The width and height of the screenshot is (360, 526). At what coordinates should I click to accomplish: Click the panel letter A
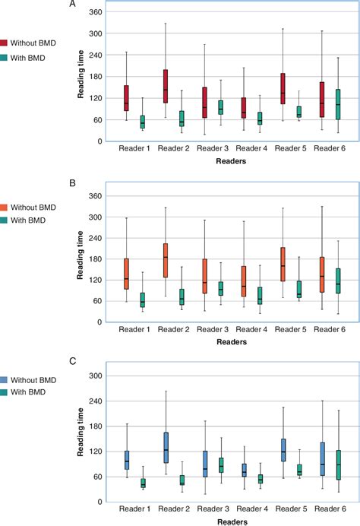click(73, 4)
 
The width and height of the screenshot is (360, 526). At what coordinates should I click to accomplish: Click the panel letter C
click(73, 363)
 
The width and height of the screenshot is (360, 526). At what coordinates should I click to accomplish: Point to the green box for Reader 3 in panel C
click(220, 464)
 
